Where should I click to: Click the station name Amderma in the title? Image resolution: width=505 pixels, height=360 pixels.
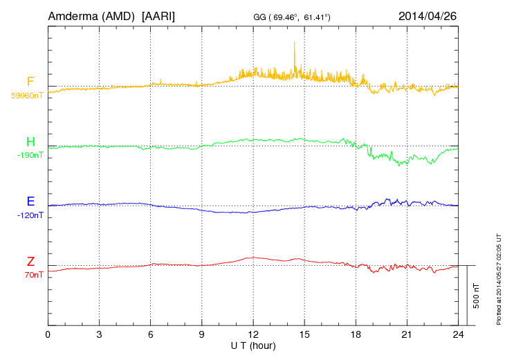[x=73, y=15]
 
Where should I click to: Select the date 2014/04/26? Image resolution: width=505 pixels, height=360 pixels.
[x=428, y=15]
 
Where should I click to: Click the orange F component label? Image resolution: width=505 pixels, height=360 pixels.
[x=30, y=82]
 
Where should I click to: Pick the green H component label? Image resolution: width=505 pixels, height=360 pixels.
[x=30, y=142]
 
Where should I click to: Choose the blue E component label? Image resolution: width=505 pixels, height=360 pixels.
[x=30, y=201]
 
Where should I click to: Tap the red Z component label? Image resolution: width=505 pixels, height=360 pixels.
[x=30, y=262]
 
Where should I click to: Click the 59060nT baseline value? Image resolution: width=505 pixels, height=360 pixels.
[x=26, y=96]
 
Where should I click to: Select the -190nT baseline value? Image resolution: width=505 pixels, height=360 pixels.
[x=29, y=155]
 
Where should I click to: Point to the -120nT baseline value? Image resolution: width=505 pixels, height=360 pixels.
[x=29, y=215]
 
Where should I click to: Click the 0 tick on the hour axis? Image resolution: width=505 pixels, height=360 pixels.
[x=48, y=334]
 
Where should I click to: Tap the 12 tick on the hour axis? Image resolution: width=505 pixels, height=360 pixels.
[x=253, y=334]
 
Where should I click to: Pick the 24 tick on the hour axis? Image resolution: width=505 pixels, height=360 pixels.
[x=458, y=334]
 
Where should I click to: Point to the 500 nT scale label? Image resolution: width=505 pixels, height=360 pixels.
[x=477, y=296]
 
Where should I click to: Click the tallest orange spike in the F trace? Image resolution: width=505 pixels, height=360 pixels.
[x=294, y=43]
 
